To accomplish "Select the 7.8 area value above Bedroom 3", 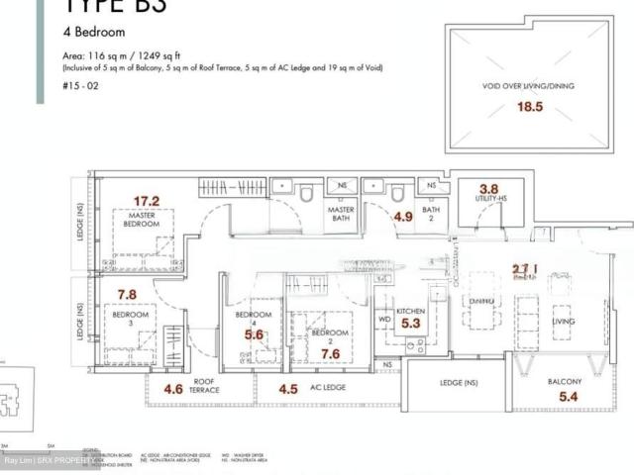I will [x=126, y=295].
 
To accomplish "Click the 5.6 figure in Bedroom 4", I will [x=255, y=335].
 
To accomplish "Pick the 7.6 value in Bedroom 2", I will [x=331, y=353].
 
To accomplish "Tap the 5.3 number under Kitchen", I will [x=412, y=322].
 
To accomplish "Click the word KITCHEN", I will [x=410, y=310].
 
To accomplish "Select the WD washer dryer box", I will [x=383, y=320].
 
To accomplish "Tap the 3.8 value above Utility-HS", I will [x=488, y=188].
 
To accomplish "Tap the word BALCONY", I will [x=564, y=381].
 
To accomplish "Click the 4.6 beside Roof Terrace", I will [x=173, y=388].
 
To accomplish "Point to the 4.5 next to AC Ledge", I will [x=288, y=389].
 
